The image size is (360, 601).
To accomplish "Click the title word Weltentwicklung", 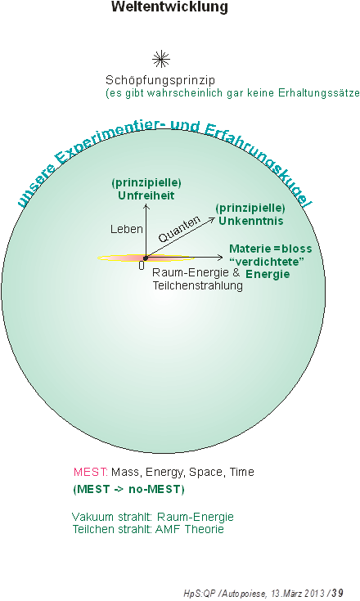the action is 169,7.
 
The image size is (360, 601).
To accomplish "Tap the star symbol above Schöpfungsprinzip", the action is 161,59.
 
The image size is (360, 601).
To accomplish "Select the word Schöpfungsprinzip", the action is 160,80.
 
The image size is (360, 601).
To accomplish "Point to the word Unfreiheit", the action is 146,195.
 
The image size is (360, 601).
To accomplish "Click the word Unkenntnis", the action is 251,221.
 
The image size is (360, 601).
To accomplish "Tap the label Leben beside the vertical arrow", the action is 127,229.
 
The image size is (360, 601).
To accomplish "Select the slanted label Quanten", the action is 179,229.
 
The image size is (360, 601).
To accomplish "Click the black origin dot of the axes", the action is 146,258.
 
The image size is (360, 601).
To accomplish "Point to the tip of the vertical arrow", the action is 146,205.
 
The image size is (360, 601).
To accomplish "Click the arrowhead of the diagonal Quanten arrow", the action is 214,218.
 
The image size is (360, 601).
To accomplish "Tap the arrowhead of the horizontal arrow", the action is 222,258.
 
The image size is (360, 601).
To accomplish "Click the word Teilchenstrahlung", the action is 198,285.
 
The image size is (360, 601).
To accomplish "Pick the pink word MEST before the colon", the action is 89,472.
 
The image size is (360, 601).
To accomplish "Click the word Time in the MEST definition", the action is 242,472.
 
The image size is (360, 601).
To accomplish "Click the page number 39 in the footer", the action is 337,593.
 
